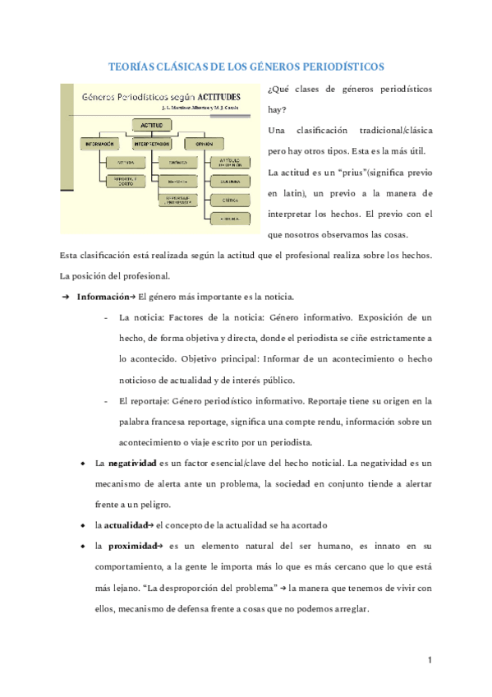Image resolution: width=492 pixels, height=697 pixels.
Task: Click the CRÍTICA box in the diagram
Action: [223, 199]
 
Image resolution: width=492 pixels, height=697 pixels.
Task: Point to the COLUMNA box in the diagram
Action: [223, 181]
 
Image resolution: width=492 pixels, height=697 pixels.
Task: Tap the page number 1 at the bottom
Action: [430, 660]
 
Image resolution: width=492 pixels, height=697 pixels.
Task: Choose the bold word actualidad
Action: [126, 524]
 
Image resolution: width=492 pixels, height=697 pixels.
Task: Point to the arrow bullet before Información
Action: [66, 297]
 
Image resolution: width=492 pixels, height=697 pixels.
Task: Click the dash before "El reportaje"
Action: [106, 401]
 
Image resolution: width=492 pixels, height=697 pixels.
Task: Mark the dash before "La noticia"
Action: [106, 317]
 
